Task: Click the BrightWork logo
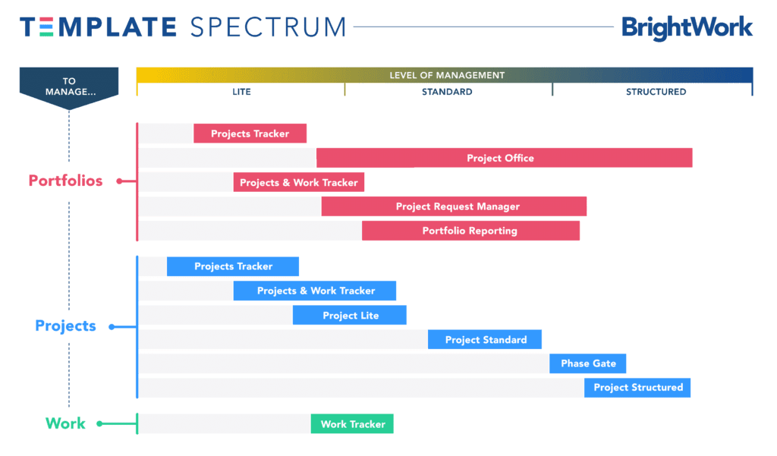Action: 687,28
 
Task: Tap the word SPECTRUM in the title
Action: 268,27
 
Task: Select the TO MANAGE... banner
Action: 69,88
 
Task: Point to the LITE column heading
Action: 241,92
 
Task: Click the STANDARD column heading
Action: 447,92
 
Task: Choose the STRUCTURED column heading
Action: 656,92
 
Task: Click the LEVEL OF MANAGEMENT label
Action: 447,75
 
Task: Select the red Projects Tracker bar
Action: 250,134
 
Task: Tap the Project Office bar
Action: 505,158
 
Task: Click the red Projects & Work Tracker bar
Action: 299,182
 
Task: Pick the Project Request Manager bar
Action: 454,206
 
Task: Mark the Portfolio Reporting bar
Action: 470,231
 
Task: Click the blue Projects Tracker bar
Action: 233,266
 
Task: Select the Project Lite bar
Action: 349,315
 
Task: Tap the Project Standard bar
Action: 485,339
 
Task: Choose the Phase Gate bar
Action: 588,363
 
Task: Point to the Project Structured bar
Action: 637,388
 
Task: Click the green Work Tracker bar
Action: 352,424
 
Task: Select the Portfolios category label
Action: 65,181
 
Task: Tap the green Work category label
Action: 65,423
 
